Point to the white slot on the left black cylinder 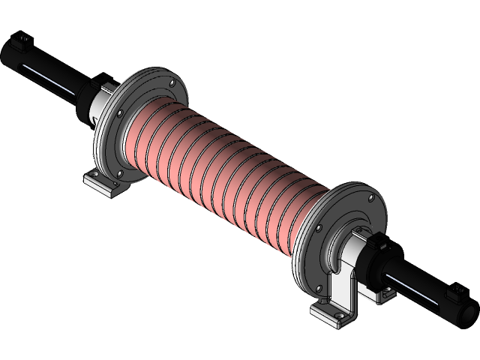[x=46, y=78]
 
